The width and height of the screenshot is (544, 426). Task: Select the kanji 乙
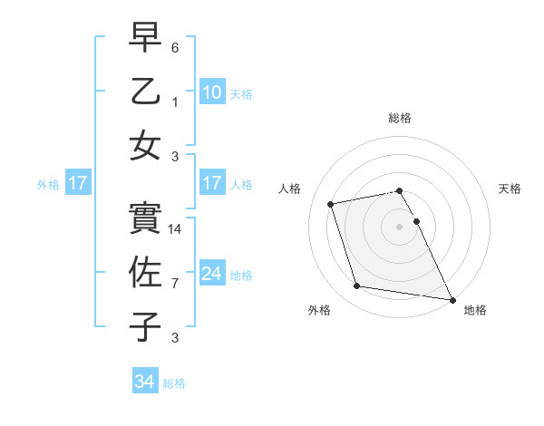146,92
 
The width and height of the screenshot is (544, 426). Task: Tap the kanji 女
146,146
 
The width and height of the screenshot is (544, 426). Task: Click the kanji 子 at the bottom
146,327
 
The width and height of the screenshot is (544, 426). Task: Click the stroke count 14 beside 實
176,230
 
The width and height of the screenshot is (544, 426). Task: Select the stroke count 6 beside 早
176,47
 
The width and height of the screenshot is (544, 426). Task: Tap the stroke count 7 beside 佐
176,284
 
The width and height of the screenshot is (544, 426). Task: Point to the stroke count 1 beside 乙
176,102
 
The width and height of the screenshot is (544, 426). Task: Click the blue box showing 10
211,92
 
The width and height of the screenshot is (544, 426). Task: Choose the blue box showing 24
211,274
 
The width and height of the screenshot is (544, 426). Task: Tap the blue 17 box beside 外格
78,184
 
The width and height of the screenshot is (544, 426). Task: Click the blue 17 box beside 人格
211,183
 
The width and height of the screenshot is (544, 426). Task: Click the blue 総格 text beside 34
174,383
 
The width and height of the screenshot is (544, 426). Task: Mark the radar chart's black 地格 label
475,310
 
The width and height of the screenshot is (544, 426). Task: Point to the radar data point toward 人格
331,204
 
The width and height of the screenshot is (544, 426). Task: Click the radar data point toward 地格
452,298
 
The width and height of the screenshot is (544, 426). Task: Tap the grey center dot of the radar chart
399,227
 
